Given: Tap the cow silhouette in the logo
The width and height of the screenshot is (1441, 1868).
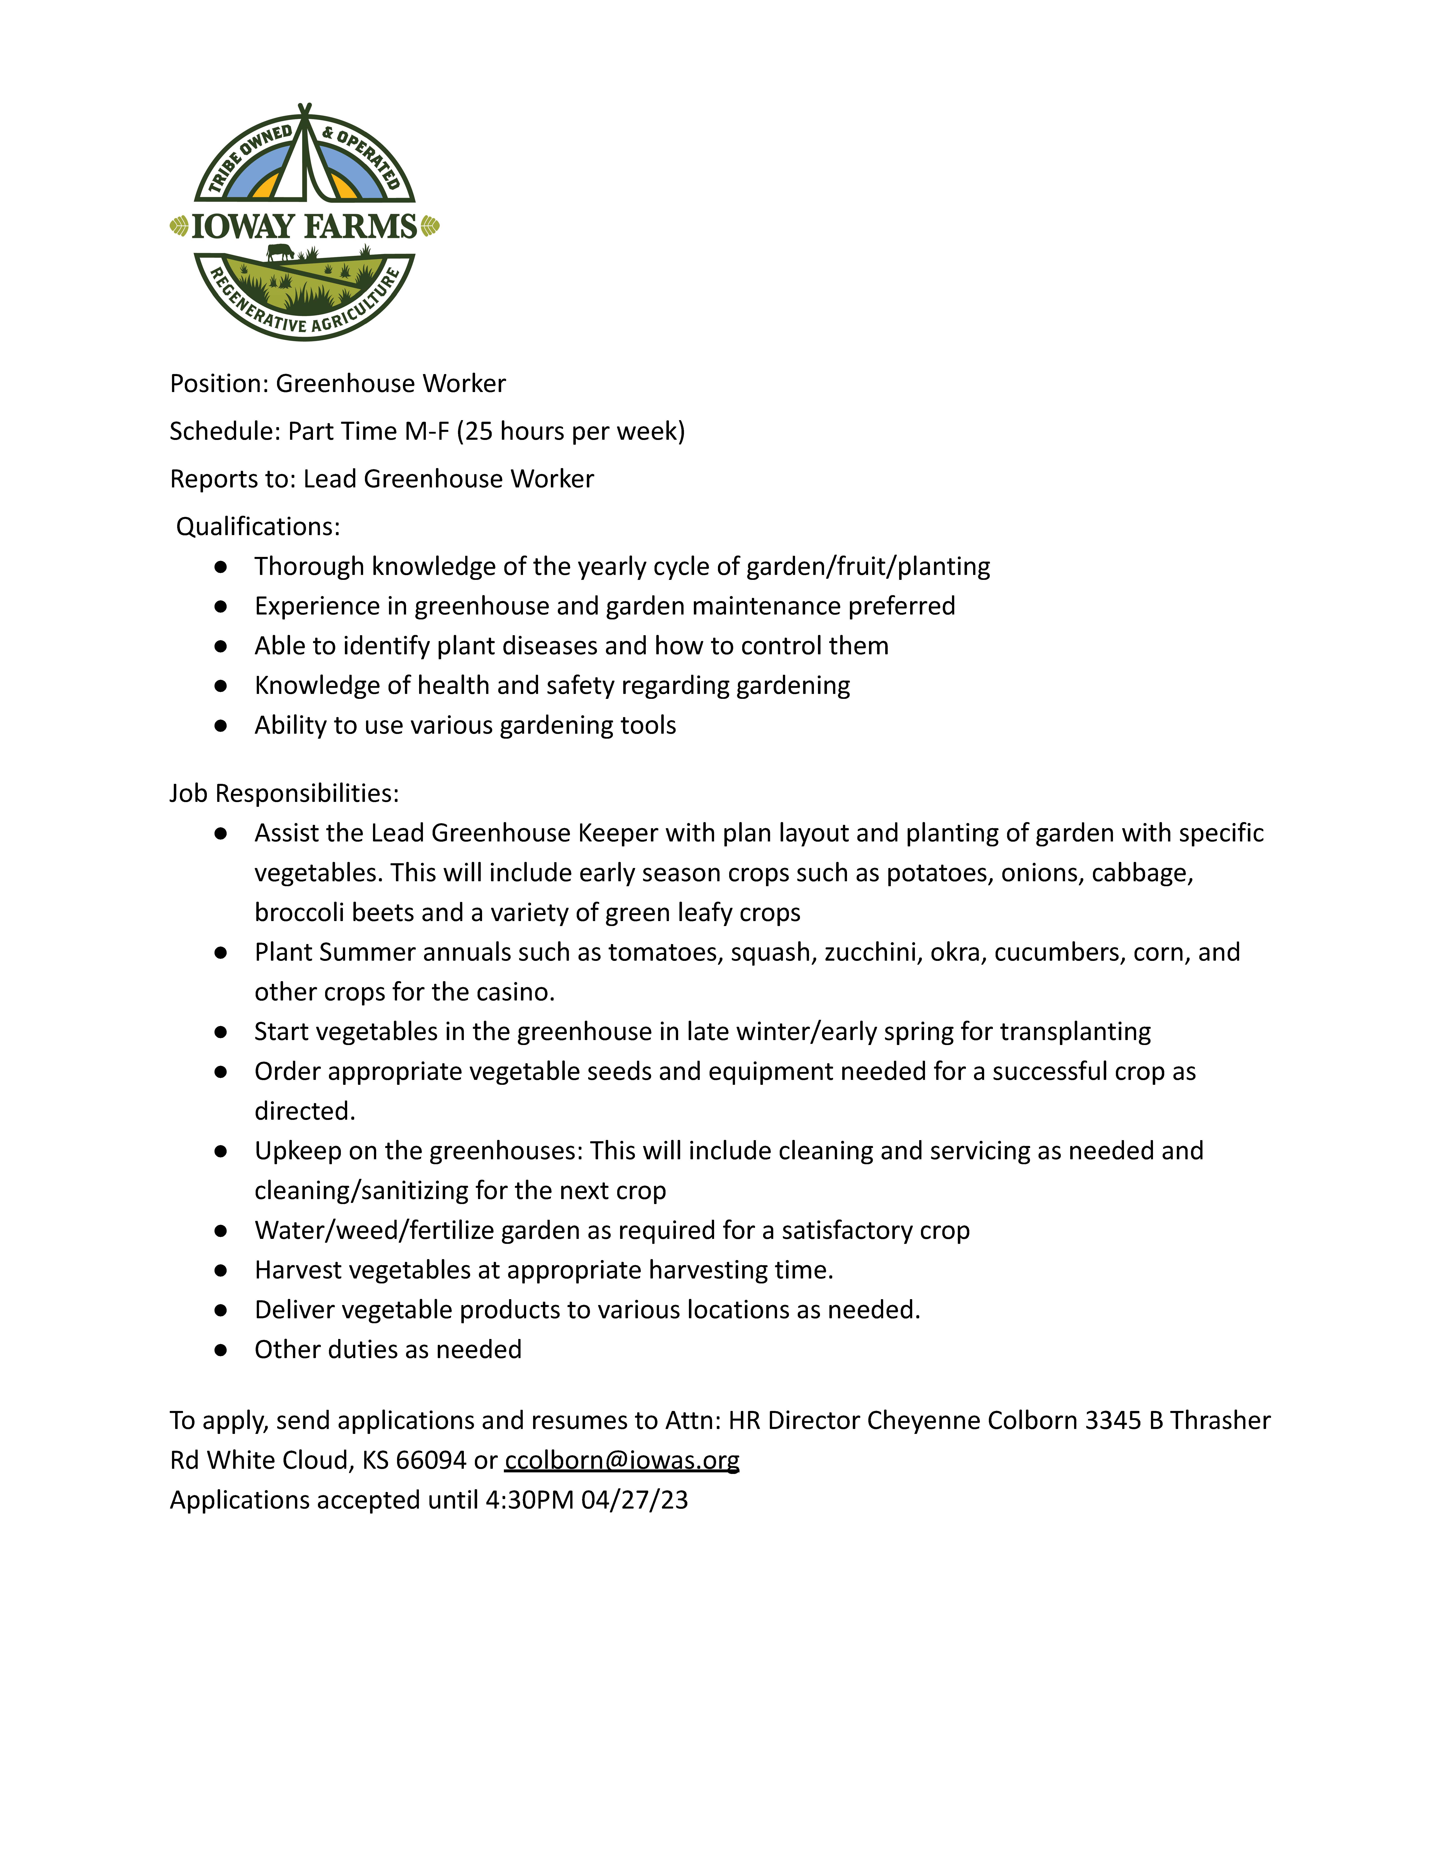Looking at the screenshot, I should pos(280,251).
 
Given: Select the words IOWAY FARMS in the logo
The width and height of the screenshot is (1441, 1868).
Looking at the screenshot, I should pos(304,227).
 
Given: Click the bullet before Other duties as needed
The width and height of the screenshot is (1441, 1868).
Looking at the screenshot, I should pos(221,1350).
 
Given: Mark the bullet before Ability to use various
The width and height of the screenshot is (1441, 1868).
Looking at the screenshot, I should pos(221,725).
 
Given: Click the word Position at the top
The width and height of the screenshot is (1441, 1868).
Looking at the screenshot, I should pos(218,383).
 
